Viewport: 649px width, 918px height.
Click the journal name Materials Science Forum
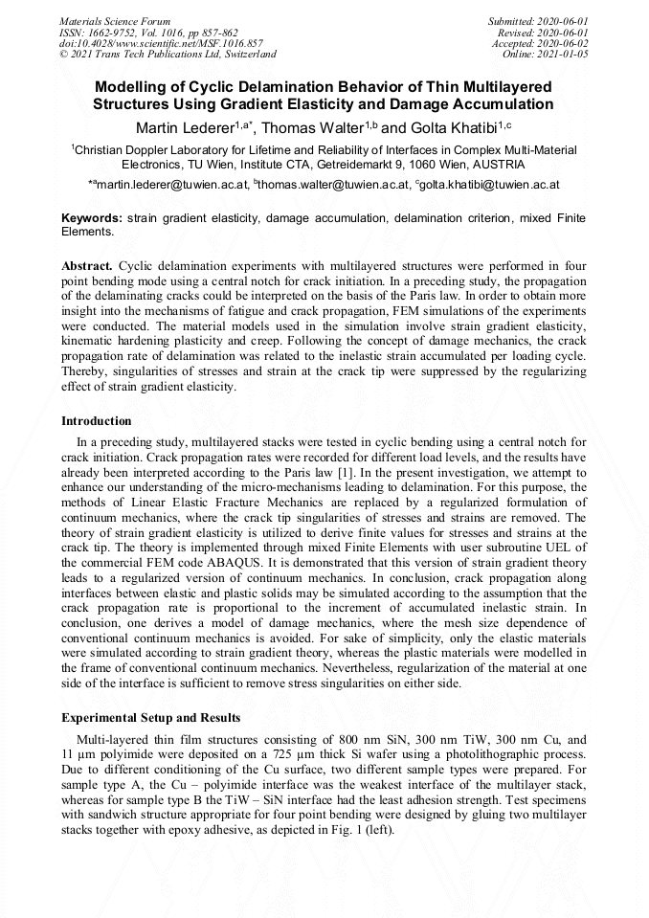click(115, 20)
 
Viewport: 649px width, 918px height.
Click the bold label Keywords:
click(91, 218)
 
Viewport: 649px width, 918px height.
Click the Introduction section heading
click(97, 421)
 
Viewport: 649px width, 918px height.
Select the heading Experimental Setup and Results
click(150, 718)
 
